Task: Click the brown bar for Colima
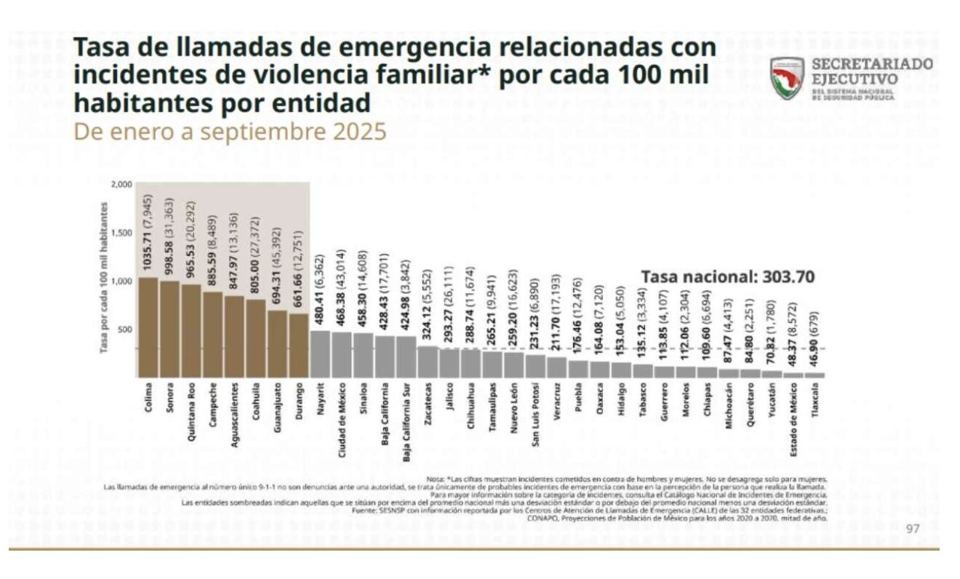[x=148, y=327]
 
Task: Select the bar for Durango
[x=298, y=346]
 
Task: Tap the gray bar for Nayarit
[x=320, y=354]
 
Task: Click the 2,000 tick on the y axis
[x=121, y=185]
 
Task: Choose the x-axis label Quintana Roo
[x=191, y=412]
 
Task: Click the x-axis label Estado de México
[x=793, y=421]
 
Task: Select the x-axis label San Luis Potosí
[x=535, y=415]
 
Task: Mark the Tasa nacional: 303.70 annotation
[x=727, y=276]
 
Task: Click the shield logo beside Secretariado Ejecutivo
[x=788, y=79]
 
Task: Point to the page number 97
[x=913, y=528]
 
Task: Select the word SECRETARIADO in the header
[x=872, y=64]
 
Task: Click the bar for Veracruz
[x=556, y=367]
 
